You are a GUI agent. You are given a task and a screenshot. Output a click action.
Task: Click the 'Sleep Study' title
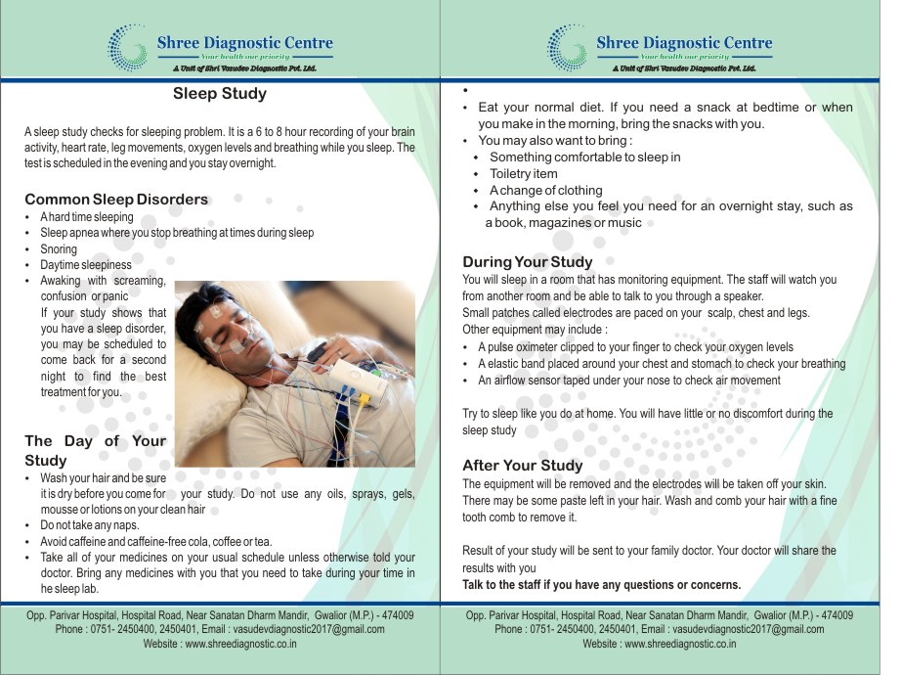pyautogui.click(x=220, y=95)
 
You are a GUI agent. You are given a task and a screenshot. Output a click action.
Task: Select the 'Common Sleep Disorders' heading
pyautogui.click(x=116, y=200)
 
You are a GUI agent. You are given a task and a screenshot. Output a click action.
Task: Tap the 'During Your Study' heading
pyautogui.click(x=527, y=262)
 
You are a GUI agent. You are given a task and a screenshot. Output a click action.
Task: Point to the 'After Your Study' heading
pyautogui.click(x=522, y=466)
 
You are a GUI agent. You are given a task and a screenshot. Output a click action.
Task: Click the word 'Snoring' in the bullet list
pyautogui.click(x=59, y=249)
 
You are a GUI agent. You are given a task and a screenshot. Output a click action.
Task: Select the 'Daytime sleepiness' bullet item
pyautogui.click(x=86, y=265)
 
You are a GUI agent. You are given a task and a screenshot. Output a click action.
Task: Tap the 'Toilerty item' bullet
pyautogui.click(x=524, y=174)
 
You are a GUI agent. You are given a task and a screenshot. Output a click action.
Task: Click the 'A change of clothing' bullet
pyautogui.click(x=546, y=190)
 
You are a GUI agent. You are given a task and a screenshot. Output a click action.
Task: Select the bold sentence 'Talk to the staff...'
pyautogui.click(x=602, y=585)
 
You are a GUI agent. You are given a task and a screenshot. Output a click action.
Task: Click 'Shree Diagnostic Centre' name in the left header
pyautogui.click(x=244, y=43)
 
